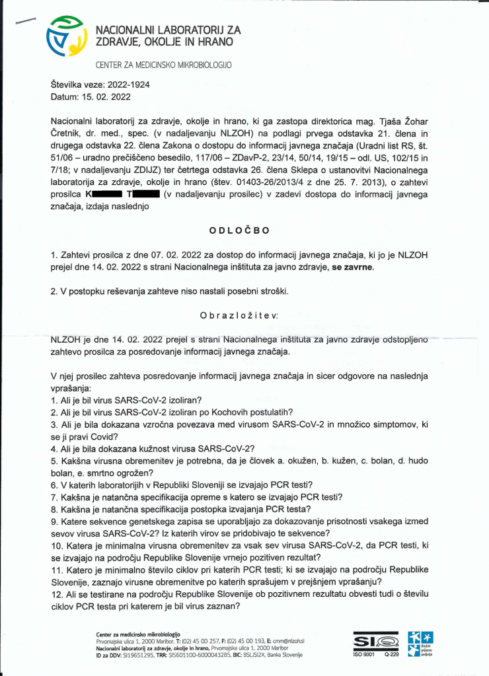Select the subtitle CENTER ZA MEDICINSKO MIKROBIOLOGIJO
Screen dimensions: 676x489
165,65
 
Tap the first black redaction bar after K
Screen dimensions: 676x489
106,195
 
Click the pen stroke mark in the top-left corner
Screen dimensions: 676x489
26,21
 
